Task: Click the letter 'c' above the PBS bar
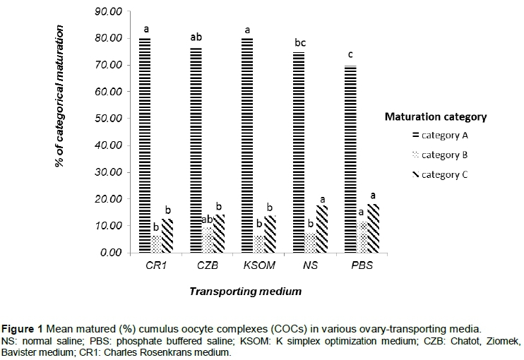point(350,55)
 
